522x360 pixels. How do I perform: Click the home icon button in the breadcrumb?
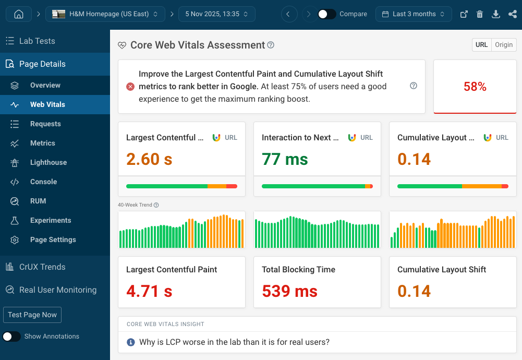[x=18, y=14]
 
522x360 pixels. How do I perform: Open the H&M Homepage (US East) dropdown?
[x=105, y=14]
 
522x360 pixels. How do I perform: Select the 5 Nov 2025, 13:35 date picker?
[x=216, y=14]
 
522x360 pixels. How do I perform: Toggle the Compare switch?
[x=327, y=14]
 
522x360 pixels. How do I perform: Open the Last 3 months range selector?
[x=414, y=14]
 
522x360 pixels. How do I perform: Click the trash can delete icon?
[x=480, y=14]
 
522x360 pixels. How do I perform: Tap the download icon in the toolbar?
[x=496, y=14]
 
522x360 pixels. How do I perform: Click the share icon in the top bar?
[x=512, y=14]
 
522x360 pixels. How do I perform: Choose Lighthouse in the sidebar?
[x=48, y=162]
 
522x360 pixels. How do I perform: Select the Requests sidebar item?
[x=45, y=124]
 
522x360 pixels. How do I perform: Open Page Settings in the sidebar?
[x=53, y=239]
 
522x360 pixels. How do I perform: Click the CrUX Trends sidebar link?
[x=42, y=267]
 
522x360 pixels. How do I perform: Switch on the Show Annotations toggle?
[x=12, y=337]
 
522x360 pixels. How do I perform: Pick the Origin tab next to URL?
[x=504, y=45]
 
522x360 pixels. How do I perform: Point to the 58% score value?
[x=475, y=87]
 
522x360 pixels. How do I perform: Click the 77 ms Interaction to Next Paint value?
[x=285, y=159]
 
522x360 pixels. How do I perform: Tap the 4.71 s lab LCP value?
[x=149, y=291]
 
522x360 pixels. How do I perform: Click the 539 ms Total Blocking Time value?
[x=289, y=291]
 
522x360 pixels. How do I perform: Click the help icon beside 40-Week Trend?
[x=156, y=205]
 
